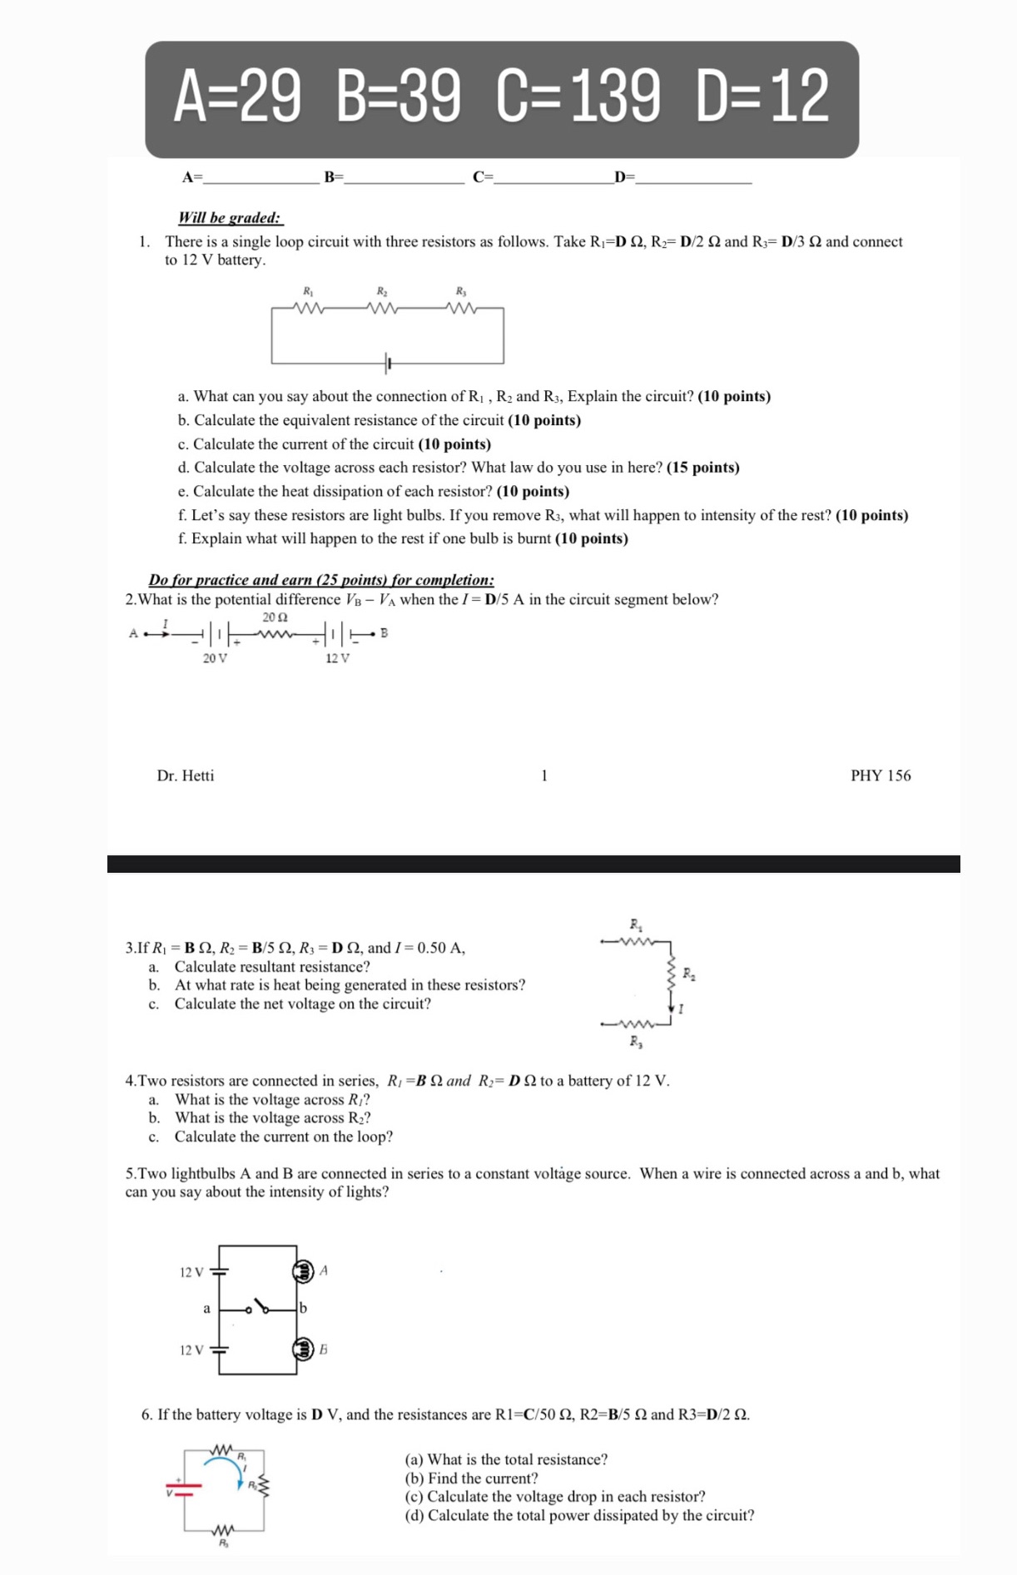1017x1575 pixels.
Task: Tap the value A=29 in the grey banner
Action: pos(237,97)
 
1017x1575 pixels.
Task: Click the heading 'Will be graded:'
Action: pos(230,218)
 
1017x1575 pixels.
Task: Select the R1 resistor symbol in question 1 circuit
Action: pos(309,308)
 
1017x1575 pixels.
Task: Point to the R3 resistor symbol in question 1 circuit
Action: pos(461,308)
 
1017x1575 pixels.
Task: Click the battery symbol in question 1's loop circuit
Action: pos(388,363)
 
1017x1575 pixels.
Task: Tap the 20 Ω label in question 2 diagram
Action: pos(275,617)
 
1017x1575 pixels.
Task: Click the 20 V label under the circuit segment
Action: pos(215,658)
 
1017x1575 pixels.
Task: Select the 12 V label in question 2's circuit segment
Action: pos(337,658)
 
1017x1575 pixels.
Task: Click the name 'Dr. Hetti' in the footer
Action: pos(186,775)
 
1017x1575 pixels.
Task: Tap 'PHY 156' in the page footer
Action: pos(881,775)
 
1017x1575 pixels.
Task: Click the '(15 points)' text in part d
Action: pos(702,468)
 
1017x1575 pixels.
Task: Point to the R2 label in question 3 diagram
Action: pos(688,973)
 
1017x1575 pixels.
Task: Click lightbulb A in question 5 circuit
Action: pos(303,1270)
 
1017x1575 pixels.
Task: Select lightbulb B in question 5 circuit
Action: pos(303,1349)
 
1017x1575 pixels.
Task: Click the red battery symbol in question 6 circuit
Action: pos(183,1488)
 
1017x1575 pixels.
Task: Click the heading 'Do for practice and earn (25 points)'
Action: pos(321,580)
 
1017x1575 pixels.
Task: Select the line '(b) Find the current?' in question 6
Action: pos(471,1478)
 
